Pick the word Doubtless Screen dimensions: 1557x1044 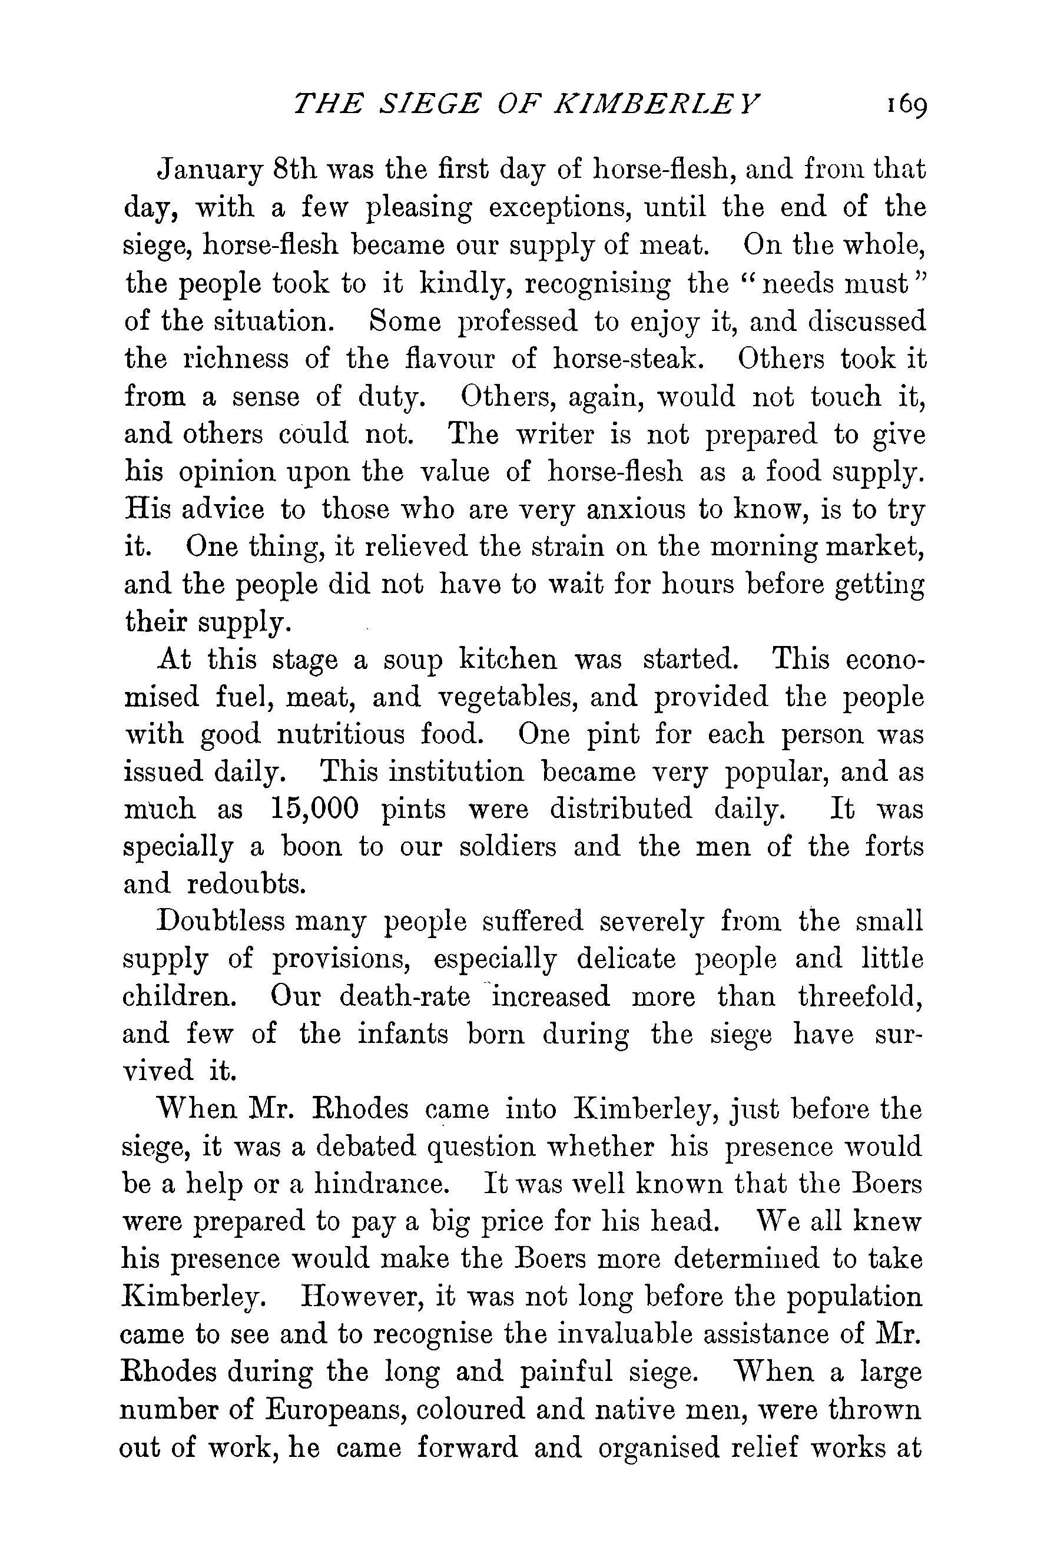pyautogui.click(x=220, y=922)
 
